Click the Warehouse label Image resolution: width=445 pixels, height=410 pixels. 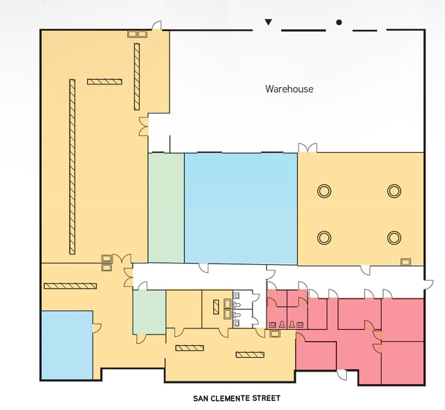click(x=289, y=89)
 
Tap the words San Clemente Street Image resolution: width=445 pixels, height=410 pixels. click(x=236, y=399)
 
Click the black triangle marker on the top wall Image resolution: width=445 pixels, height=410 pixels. click(x=268, y=22)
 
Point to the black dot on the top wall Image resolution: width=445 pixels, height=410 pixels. click(x=339, y=22)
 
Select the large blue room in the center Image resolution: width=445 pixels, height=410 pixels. click(x=241, y=208)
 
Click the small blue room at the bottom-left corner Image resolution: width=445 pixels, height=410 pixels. click(x=66, y=345)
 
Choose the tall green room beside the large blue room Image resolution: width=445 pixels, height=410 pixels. click(x=166, y=208)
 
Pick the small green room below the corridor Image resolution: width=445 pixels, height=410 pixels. click(x=149, y=312)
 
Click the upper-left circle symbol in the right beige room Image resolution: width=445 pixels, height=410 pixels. click(x=324, y=190)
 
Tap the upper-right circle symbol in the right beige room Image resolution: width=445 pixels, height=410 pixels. click(x=394, y=190)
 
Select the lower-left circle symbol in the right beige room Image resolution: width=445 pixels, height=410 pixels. click(x=324, y=237)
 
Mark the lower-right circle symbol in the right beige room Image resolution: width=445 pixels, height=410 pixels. click(x=394, y=237)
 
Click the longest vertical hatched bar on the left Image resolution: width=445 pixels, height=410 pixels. click(x=72, y=167)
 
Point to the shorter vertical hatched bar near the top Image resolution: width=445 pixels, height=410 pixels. click(x=137, y=77)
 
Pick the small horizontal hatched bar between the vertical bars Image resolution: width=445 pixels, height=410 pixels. click(x=105, y=82)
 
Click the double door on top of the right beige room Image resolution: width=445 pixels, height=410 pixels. click(x=308, y=148)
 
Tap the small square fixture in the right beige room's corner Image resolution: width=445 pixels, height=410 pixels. click(x=405, y=261)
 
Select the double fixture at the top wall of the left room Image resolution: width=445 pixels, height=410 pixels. click(x=137, y=33)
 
